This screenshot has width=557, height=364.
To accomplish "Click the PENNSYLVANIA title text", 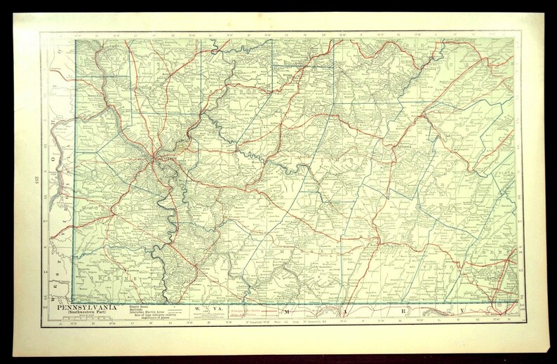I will pos(81,306).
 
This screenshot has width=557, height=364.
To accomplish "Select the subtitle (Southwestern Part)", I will pos(81,312).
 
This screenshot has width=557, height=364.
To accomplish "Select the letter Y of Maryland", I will pos(463,309).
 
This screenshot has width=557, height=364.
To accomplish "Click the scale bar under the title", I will pos(81,319).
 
